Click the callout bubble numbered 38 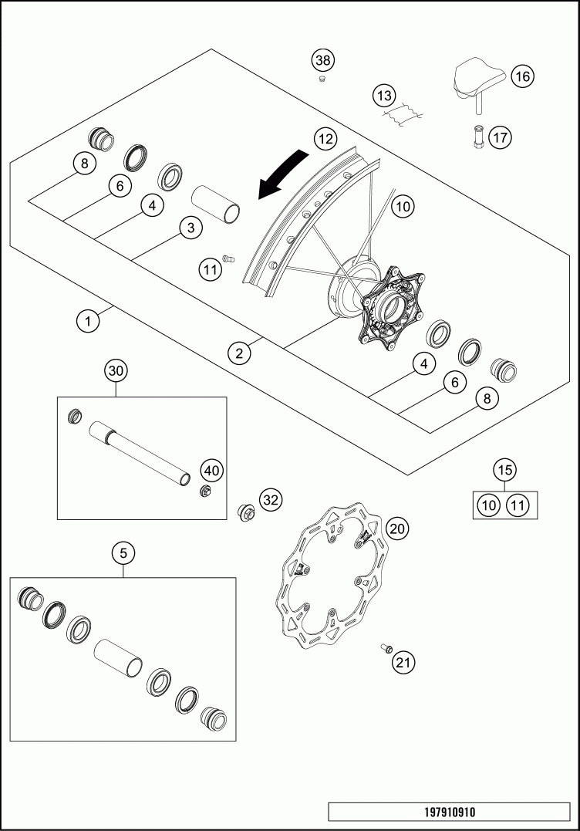[322, 60]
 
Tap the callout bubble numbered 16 [522, 76]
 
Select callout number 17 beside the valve [500, 138]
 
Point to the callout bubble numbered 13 [383, 96]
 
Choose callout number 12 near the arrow [325, 139]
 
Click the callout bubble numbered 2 [240, 353]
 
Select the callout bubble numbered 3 [190, 228]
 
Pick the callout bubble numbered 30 [116, 371]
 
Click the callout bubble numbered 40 [211, 470]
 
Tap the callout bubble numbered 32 [269, 499]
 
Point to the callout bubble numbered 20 [398, 529]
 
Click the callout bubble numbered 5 [123, 552]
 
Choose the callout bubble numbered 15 [505, 469]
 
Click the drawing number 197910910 [450, 812]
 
